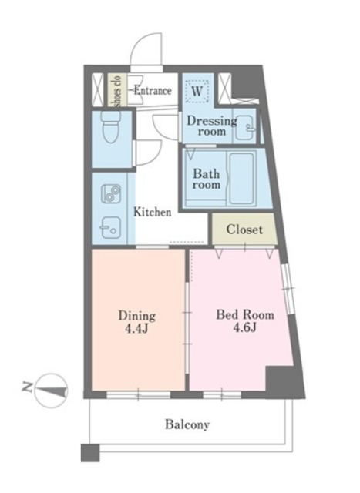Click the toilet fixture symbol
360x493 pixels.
click(111, 126)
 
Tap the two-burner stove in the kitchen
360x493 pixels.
click(111, 193)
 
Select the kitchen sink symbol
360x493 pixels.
click(111, 228)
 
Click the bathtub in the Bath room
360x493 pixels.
click(242, 178)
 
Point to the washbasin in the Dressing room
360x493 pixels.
click(244, 128)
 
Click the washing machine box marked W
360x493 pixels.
click(197, 91)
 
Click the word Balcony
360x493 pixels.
click(187, 424)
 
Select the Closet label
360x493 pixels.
click(244, 230)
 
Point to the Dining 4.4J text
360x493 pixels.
click(137, 322)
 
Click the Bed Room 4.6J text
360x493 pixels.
click(245, 320)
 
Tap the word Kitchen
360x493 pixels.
click(153, 212)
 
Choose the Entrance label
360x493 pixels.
click(153, 91)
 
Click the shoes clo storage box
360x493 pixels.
click(117, 90)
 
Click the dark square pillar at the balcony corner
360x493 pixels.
click(90, 453)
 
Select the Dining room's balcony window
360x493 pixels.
click(139, 395)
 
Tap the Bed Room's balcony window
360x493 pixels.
click(222, 395)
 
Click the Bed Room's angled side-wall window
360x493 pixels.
click(288, 289)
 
